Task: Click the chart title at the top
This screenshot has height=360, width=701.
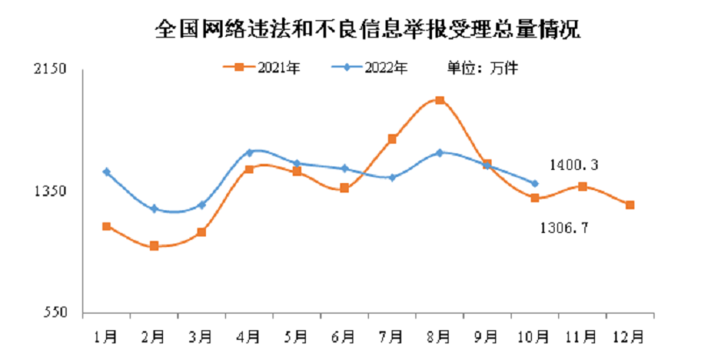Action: pyautogui.click(x=367, y=29)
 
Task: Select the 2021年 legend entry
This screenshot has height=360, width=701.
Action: pyautogui.click(x=266, y=67)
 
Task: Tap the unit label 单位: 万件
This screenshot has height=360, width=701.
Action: pyautogui.click(x=484, y=67)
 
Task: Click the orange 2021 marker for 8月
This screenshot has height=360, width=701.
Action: pyautogui.click(x=439, y=100)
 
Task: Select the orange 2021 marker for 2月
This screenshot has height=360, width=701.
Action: pyautogui.click(x=154, y=246)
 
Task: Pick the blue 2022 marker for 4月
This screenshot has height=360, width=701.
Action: pyautogui.click(x=250, y=152)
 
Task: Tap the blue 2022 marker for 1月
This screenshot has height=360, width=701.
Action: pyautogui.click(x=107, y=172)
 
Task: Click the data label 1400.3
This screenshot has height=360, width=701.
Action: pyautogui.click(x=574, y=164)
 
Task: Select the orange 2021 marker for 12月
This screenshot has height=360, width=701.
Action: pyautogui.click(x=629, y=205)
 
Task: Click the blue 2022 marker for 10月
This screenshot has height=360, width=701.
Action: pyautogui.click(x=535, y=183)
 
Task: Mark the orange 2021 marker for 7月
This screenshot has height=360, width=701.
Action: pyautogui.click(x=392, y=138)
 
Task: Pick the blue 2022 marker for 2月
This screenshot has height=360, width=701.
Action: pyautogui.click(x=154, y=208)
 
